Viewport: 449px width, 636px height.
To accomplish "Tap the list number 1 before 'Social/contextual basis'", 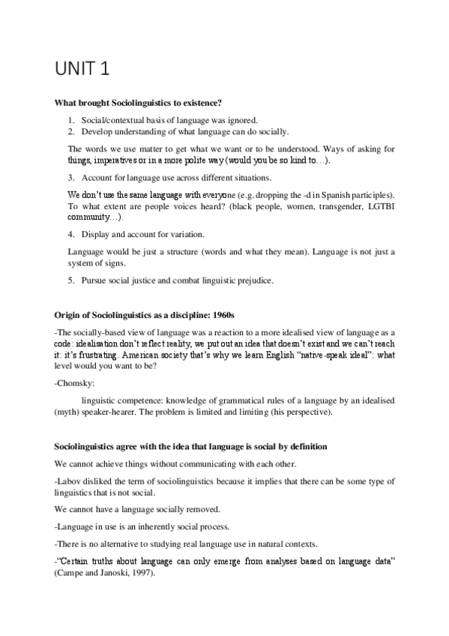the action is pyautogui.click(x=70, y=120).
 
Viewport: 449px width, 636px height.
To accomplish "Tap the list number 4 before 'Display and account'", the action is pyautogui.click(x=70, y=234).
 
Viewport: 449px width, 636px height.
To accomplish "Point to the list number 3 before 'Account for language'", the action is pyautogui.click(x=70, y=178).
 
